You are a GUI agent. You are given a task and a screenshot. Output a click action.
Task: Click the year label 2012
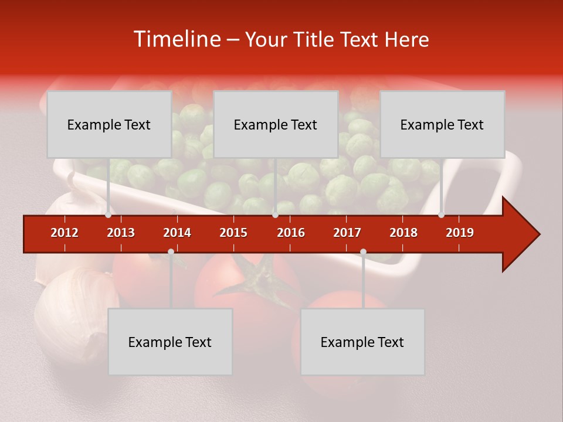(65, 233)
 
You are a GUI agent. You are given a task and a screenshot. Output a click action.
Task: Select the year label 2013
(121, 233)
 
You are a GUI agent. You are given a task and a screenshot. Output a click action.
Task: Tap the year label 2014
(177, 233)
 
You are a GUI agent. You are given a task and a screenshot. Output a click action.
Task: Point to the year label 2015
(233, 233)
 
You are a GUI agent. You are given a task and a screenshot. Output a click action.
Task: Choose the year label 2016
(291, 233)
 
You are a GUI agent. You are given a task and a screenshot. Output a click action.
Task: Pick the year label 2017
(347, 233)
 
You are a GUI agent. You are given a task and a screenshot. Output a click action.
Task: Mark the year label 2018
(403, 233)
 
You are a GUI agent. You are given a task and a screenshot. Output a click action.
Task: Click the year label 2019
(460, 233)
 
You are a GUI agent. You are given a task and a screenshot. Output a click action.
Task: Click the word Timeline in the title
(176, 39)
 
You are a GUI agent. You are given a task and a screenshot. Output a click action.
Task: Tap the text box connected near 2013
(109, 124)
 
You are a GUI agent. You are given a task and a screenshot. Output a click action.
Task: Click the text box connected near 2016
(276, 124)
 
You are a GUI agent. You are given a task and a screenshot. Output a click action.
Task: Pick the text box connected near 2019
(442, 124)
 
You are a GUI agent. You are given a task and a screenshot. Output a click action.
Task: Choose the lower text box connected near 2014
(170, 342)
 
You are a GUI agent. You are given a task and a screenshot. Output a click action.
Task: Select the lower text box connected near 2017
(362, 342)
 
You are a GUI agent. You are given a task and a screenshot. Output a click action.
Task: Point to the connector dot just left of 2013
(108, 215)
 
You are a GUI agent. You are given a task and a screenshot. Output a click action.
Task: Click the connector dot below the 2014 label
(171, 252)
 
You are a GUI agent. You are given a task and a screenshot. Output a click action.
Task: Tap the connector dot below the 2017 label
(363, 252)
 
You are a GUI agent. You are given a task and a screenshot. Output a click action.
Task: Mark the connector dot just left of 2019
(442, 215)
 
